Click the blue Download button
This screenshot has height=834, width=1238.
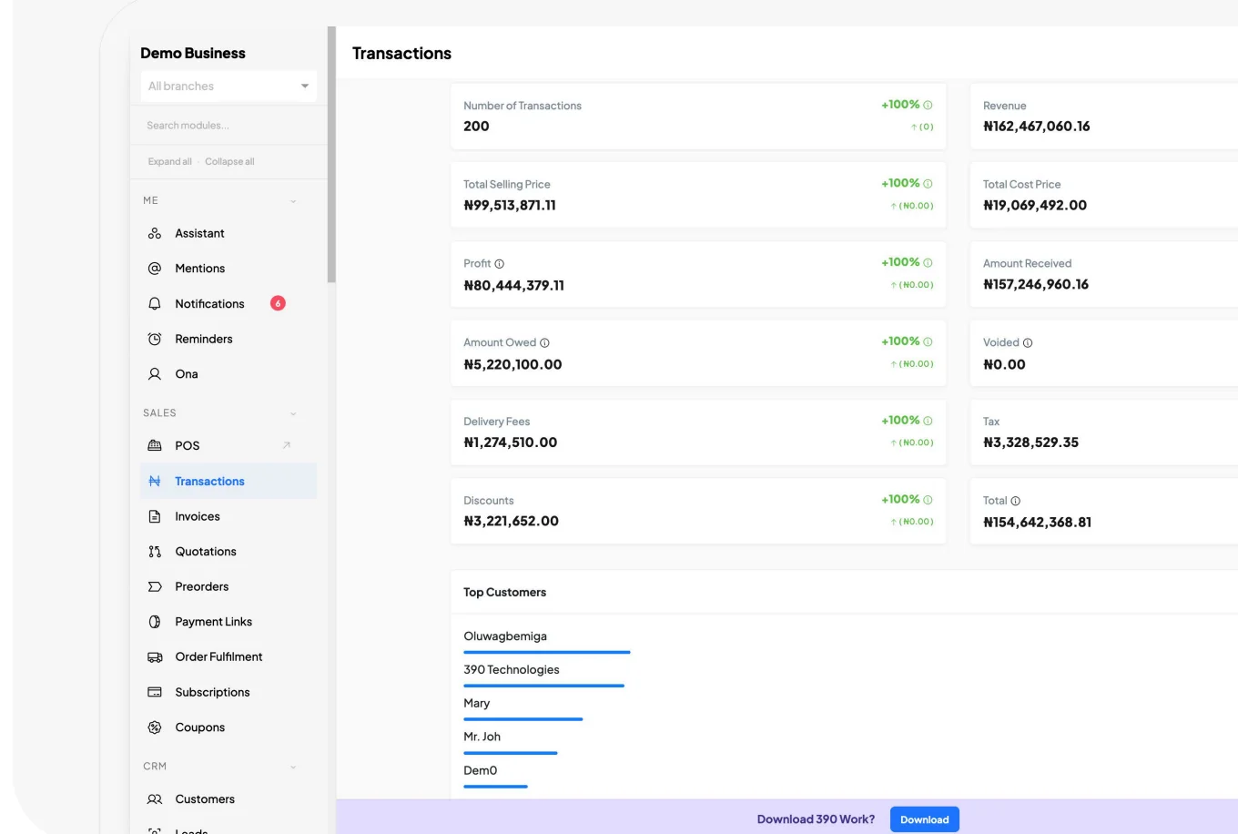click(x=924, y=819)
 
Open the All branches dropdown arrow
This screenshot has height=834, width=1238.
click(x=305, y=86)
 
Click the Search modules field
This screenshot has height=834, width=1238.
click(x=228, y=125)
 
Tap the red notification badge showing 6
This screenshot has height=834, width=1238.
click(x=278, y=303)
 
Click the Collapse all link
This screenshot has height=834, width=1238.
click(x=229, y=161)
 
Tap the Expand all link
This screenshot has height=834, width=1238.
click(x=169, y=161)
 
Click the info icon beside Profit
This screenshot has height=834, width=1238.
click(x=499, y=264)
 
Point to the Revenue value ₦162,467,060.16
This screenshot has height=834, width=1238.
click(x=1036, y=126)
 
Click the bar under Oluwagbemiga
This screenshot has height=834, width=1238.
click(x=546, y=652)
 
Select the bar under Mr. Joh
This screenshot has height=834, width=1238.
click(x=510, y=753)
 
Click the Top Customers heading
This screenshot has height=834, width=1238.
click(x=504, y=592)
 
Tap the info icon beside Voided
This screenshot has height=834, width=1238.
click(x=1028, y=342)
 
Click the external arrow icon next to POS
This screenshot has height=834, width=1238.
click(x=286, y=445)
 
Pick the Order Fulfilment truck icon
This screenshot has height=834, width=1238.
click(x=155, y=656)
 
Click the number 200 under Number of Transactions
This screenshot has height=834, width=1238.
click(x=476, y=126)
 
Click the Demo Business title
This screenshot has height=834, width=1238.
click(x=192, y=53)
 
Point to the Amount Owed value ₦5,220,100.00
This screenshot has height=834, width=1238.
click(x=512, y=364)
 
